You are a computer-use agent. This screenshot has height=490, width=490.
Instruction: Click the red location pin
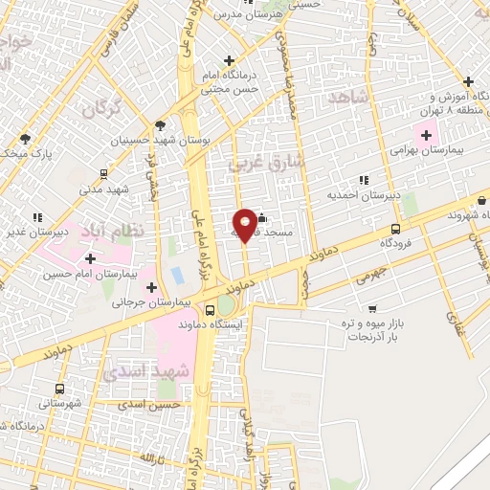coord(246,224)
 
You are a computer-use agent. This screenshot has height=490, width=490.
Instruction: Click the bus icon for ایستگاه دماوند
coord(211,310)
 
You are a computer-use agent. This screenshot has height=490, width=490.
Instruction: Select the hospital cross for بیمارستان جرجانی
coord(152,287)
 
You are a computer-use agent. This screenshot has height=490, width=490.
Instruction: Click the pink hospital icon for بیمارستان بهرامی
coord(426,134)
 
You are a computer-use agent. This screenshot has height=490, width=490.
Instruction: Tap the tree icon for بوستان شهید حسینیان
coord(160,124)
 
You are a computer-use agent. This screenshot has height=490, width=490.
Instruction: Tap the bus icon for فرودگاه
coord(396,230)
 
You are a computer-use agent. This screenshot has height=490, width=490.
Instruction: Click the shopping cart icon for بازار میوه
coord(371,308)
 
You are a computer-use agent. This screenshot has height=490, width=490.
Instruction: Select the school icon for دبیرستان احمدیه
coord(363,180)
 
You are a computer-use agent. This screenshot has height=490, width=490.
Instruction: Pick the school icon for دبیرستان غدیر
coord(36,217)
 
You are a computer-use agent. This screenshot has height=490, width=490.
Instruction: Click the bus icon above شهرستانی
coord(60,390)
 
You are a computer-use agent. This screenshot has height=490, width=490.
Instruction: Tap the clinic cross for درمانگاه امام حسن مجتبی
coord(228,62)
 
